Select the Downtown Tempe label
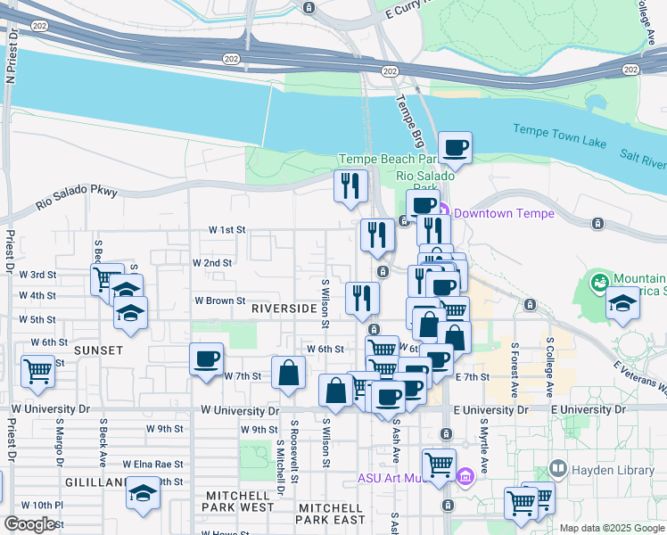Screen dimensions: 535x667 [504, 213]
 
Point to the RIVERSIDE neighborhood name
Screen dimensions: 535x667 [284, 308]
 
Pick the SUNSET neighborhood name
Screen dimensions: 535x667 [98, 350]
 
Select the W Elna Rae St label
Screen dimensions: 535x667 [152, 464]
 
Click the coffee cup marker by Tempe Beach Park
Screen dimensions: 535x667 [455, 148]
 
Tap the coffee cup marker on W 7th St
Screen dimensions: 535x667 [207, 360]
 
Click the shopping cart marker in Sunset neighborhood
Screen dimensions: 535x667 [38, 370]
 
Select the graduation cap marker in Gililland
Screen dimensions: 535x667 [143, 493]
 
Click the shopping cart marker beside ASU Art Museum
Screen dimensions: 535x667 [439, 465]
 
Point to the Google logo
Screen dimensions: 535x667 [30, 524]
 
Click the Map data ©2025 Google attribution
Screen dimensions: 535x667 [611, 528]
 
